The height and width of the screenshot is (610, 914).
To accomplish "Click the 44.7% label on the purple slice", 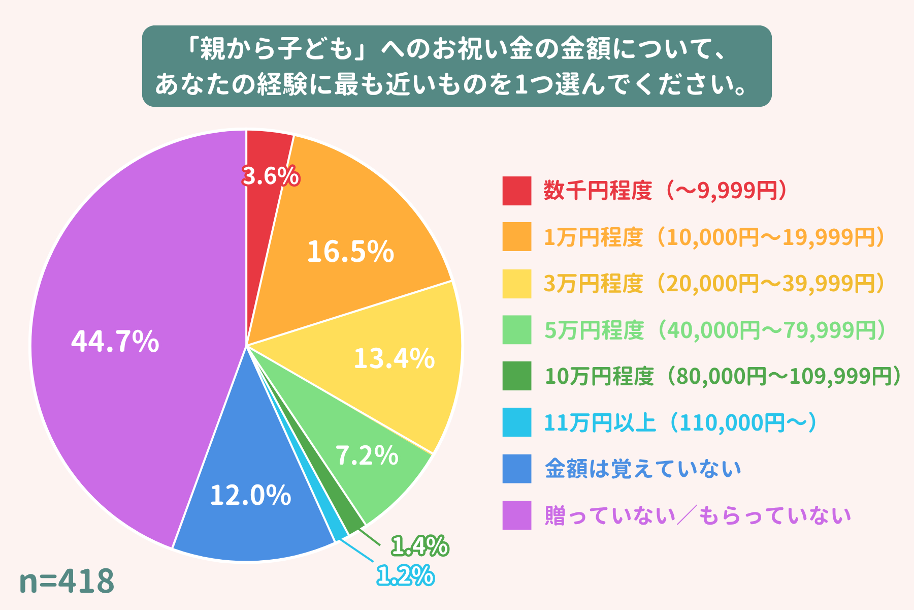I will tap(115, 342).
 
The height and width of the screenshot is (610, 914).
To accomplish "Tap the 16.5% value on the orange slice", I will tap(350, 252).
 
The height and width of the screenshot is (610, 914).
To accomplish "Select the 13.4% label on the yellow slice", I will tap(394, 359).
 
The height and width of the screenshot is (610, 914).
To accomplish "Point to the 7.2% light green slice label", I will tap(367, 455).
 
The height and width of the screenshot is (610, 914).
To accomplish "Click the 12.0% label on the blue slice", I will tap(250, 495).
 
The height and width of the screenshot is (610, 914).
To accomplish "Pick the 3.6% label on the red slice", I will tap(270, 176).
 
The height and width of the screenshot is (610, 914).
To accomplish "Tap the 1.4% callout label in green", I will tap(419, 546).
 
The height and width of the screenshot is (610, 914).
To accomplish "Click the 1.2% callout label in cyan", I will tap(405, 576).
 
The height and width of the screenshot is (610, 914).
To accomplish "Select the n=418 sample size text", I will tap(67, 581).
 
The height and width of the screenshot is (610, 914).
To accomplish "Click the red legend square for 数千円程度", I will tap(516, 191).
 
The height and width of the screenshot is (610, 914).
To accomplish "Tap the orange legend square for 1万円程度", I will tap(516, 237).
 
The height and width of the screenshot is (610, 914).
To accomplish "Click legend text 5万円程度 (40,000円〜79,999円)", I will tap(715, 330).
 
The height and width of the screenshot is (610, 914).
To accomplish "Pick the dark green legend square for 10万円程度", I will tap(516, 376).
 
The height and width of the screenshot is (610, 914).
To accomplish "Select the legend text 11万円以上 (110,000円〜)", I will tap(680, 423).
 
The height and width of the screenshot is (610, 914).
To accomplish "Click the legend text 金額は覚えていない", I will tap(643, 469).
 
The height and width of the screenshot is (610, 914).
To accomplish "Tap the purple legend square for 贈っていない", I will tap(516, 515).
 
